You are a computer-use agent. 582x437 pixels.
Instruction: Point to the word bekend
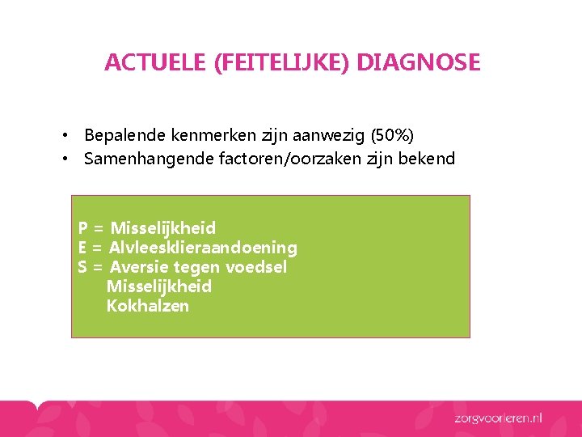click(428, 159)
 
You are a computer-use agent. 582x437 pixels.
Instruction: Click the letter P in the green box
click(83, 228)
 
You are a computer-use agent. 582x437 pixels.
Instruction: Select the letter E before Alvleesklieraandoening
click(82, 248)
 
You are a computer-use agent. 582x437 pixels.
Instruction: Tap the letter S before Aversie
click(82, 267)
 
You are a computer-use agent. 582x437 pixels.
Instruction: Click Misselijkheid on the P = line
click(163, 228)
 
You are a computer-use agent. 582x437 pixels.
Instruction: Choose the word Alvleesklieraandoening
click(203, 248)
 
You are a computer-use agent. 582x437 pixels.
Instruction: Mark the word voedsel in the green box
click(256, 267)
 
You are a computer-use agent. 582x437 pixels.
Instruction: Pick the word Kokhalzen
click(148, 306)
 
